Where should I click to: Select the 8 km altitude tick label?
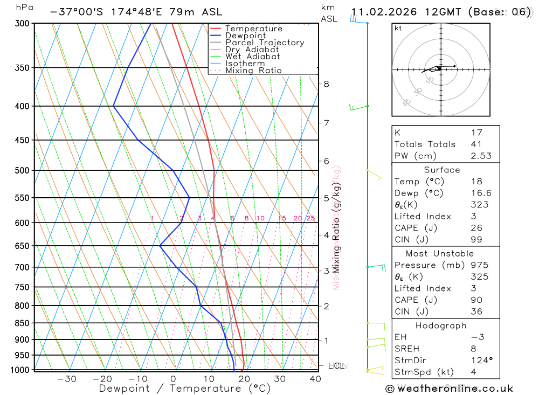tap(326, 84)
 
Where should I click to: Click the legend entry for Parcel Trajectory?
tap(264, 43)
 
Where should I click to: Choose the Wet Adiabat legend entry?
tap(252, 57)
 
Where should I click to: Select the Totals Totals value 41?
tap(476, 144)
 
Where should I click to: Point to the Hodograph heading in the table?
tap(441, 325)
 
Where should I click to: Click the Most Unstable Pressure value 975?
tap(479, 265)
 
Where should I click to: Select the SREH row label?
tap(407, 349)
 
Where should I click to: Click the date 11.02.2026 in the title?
tap(384, 12)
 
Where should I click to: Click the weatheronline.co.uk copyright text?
tap(449, 389)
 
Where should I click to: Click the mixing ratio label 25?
tap(310, 218)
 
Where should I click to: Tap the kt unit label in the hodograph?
tap(398, 28)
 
